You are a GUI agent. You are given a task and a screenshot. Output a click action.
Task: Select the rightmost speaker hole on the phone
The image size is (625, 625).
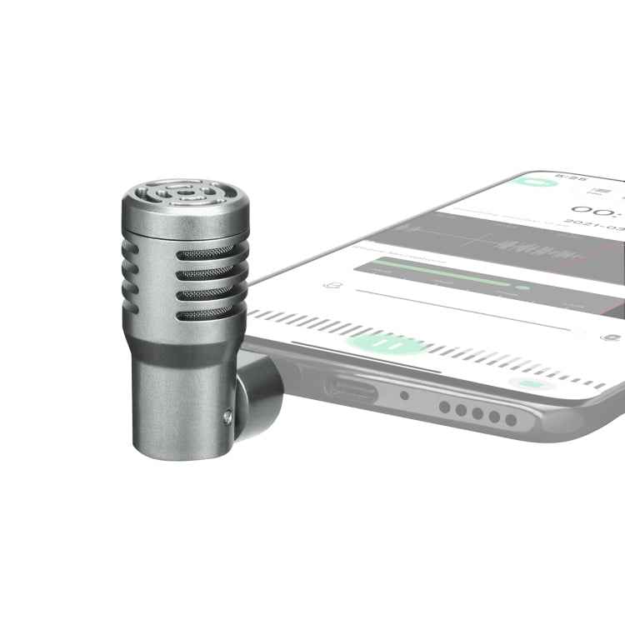(511, 419)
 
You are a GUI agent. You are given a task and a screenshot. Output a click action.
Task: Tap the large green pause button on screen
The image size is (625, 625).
(385, 342)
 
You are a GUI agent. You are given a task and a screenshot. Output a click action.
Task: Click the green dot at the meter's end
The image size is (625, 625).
(522, 287)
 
